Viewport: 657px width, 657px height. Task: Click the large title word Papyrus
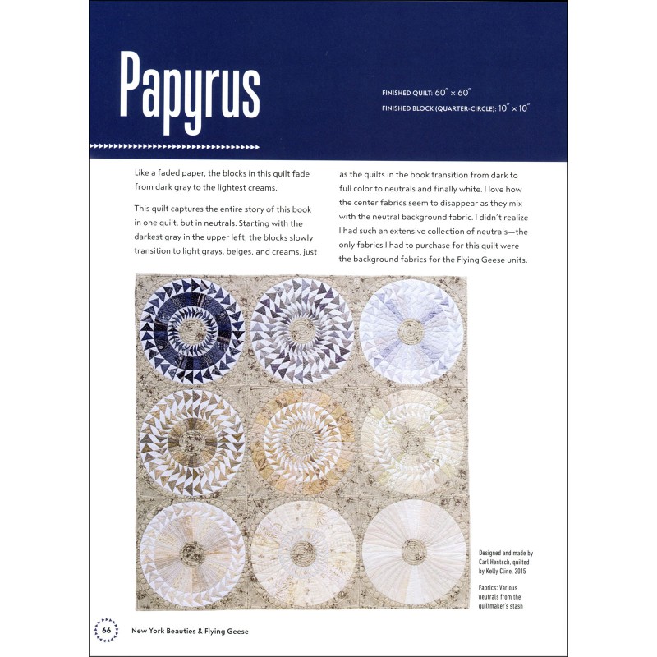[x=190, y=85]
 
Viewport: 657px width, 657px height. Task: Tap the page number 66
[x=107, y=630]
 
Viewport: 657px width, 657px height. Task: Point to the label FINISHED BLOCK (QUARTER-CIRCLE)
[x=436, y=108]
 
